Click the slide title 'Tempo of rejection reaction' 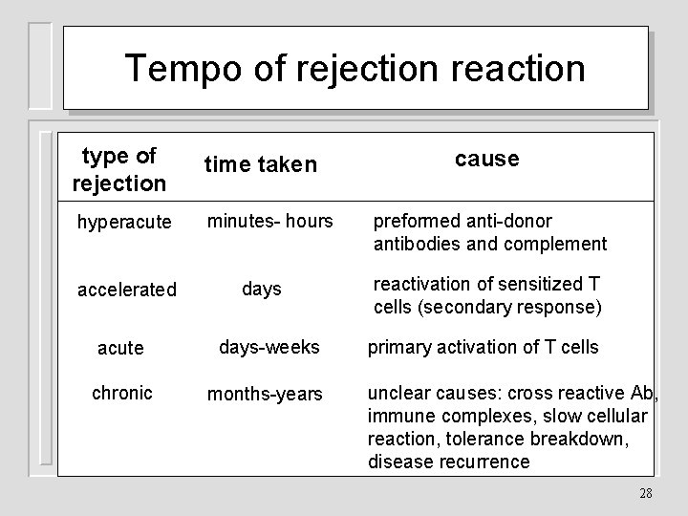(x=355, y=68)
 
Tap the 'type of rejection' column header (x=119, y=168)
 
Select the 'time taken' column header (x=259, y=165)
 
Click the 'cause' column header (x=486, y=159)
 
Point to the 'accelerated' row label (x=127, y=289)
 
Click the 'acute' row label (x=120, y=349)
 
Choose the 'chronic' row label (x=122, y=393)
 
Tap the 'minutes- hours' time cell (x=270, y=222)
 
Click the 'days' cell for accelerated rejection (x=262, y=288)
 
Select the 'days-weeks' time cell (x=269, y=347)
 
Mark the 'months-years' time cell (x=266, y=394)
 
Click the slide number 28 (x=645, y=493)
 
